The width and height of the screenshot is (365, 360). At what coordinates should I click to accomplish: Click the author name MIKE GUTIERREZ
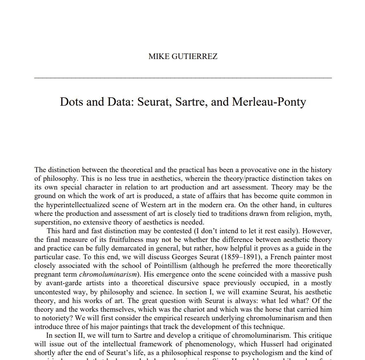tap(183, 57)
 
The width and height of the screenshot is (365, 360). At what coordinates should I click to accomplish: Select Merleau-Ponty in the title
tap(269, 102)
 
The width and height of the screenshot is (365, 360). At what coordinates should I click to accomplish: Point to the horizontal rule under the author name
tap(183, 78)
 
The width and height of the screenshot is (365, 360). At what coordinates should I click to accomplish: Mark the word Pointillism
tap(159, 265)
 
